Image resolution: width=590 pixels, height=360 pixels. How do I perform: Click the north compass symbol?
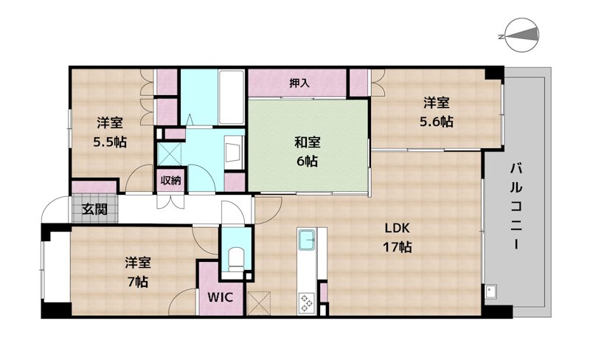tap(521, 35)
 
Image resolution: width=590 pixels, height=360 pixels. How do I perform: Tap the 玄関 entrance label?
tap(94, 209)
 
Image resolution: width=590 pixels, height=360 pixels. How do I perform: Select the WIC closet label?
tap(221, 297)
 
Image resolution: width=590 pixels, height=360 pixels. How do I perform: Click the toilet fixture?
tap(236, 258)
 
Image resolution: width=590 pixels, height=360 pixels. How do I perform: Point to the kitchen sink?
tap(308, 240)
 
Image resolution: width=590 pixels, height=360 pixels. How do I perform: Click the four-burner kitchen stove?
tap(307, 303)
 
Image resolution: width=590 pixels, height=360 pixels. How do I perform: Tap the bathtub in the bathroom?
tap(231, 97)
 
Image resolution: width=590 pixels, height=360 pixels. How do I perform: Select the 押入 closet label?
tap(299, 83)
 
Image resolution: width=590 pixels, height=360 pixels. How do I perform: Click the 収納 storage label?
tap(171, 181)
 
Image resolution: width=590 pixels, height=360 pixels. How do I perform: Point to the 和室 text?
tap(308, 142)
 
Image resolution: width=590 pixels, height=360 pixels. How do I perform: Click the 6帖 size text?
tap(308, 161)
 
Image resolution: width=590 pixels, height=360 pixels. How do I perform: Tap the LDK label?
tap(397, 228)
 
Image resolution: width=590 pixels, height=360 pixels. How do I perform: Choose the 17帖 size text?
tap(397, 247)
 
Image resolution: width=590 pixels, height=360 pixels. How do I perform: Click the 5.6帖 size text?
tap(437, 122)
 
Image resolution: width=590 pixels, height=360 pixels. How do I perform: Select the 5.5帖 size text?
tap(110, 142)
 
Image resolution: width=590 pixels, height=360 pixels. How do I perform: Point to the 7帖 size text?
tap(138, 282)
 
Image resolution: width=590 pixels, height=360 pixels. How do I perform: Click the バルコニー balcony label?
tap(516, 207)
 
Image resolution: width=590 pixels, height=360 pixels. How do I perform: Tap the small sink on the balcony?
tap(490, 291)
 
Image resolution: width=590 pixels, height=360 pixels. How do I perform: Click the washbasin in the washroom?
tap(234, 152)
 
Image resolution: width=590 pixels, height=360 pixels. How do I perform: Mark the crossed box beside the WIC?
tap(260, 303)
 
